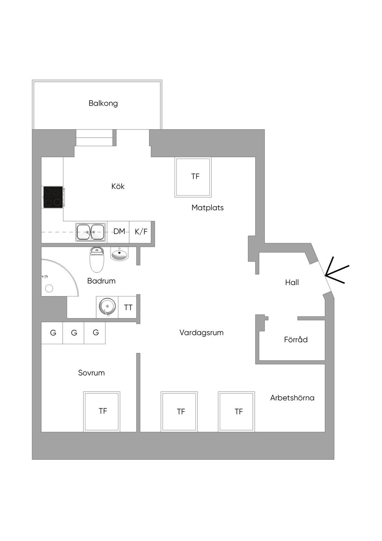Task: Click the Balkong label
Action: point(103,103)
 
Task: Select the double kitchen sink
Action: point(91,232)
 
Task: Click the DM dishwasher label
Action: point(119,231)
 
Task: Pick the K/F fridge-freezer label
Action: point(141,231)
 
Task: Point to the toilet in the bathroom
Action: point(97,259)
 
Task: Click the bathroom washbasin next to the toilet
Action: point(120,254)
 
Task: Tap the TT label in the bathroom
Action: point(128,307)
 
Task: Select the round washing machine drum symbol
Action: point(107,307)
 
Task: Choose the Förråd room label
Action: point(296,339)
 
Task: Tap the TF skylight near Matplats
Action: point(193,177)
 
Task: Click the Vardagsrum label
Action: point(201,333)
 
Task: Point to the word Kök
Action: point(118,186)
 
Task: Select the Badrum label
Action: point(101,281)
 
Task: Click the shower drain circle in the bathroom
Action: point(49,288)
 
